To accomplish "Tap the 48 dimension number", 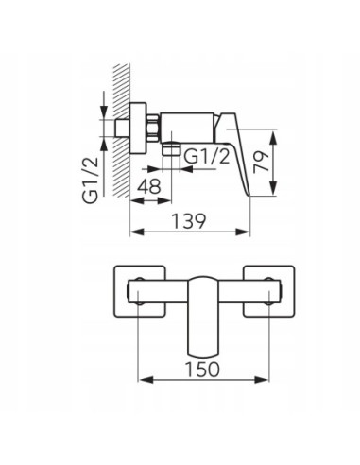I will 148,187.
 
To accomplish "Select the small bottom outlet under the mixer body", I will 171,149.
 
